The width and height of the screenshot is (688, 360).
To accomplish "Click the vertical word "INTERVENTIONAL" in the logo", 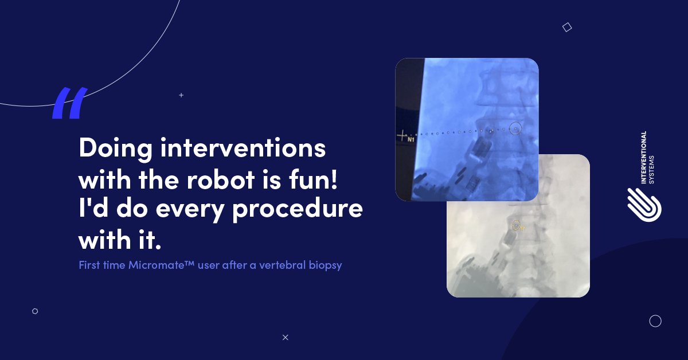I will pos(644,158).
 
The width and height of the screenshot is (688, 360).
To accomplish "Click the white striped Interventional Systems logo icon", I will pos(644,204).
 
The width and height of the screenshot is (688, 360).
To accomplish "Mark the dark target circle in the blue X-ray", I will pos(515,130).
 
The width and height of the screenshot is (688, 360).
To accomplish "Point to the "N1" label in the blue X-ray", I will pos(411,140).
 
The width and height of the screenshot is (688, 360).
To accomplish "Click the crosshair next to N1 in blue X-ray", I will pos(403,136).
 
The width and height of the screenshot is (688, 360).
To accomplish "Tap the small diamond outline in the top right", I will pos(567,27).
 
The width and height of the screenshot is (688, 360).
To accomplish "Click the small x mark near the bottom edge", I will pos(285,337).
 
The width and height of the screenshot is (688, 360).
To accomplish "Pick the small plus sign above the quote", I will pos(181,95).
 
